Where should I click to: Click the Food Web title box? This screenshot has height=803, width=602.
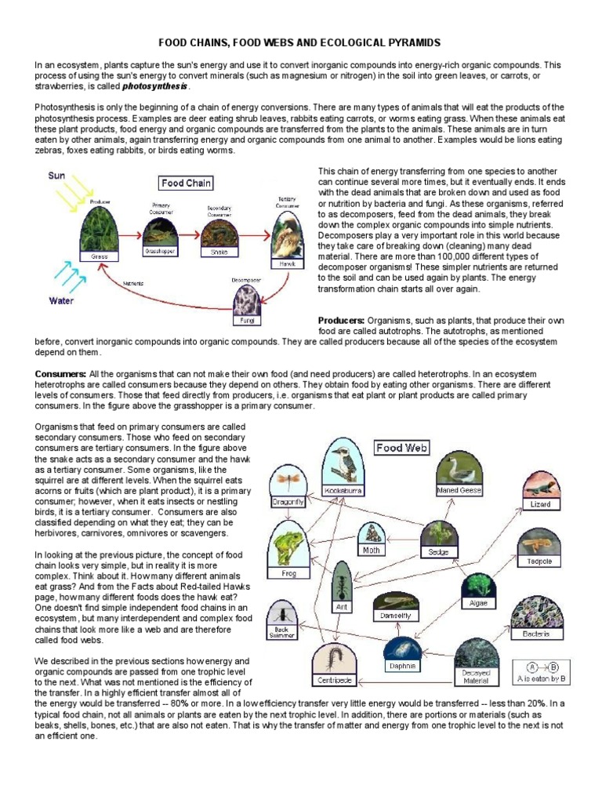click(401, 448)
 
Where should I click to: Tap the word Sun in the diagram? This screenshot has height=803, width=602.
click(56, 176)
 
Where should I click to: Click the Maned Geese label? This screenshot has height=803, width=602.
click(459, 490)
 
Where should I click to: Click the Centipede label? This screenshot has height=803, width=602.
click(334, 679)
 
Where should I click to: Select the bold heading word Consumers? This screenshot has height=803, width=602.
click(60, 374)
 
